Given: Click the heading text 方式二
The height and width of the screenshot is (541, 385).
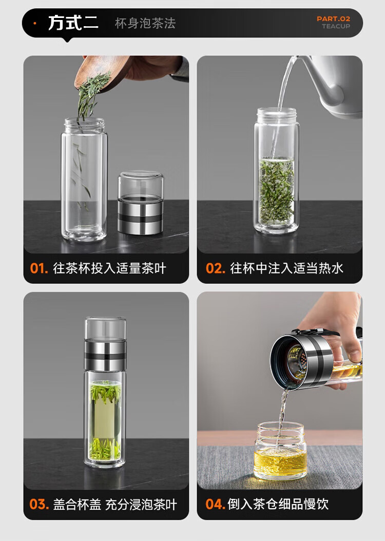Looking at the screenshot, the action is pos(73,23).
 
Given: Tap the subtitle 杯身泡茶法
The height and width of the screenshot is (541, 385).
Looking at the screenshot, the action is pos(145,24).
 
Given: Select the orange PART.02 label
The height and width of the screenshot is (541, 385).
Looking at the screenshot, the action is pos(333,18).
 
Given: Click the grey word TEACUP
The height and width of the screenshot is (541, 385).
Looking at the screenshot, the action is pos(336,26).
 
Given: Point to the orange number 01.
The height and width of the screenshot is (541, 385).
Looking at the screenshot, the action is pos(38,268).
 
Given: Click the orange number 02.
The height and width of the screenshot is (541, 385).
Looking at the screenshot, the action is pos(215,268).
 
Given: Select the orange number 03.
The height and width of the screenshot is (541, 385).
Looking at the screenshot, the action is pos(39,504).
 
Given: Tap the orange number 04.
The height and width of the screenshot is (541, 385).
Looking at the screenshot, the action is pos(215,504).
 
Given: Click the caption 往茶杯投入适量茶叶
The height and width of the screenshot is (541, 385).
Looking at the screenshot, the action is pos(110,268).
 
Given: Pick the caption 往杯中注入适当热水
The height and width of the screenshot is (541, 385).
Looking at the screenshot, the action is pos(286,268).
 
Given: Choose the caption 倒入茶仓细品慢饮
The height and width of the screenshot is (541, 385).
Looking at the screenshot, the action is pos(278,504).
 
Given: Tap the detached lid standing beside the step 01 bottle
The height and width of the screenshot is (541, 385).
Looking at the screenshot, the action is pos(141,203).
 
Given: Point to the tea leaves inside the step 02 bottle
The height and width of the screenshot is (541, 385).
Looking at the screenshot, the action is pos(276,190).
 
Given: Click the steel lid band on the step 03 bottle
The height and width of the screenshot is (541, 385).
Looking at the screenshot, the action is pos(105,355).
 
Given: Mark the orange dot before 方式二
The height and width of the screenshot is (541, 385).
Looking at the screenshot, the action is pos(35,23).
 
